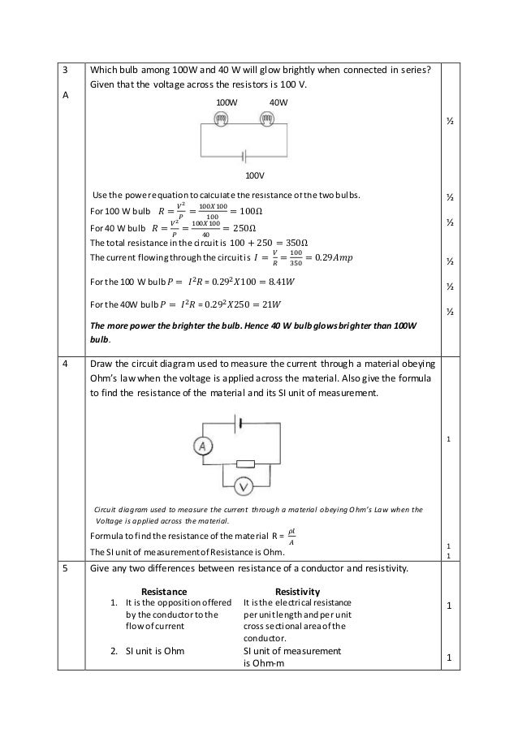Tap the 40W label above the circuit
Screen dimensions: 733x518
278,103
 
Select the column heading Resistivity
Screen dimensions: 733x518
298,591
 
